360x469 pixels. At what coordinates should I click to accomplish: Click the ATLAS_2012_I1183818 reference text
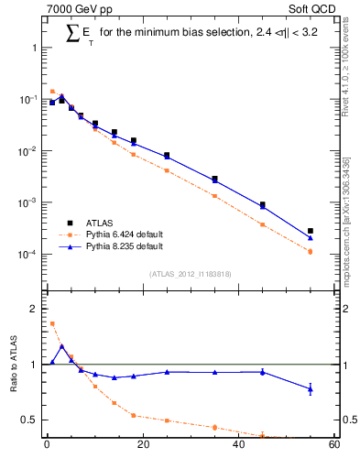[190, 274]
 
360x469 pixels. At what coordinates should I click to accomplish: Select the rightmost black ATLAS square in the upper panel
[311, 231]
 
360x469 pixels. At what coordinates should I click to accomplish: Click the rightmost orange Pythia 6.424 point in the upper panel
[311, 251]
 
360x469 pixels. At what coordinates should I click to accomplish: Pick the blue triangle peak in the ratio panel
[61, 346]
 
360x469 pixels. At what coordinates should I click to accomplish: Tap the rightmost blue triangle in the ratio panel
[311, 389]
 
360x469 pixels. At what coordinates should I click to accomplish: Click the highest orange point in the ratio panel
[52, 323]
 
